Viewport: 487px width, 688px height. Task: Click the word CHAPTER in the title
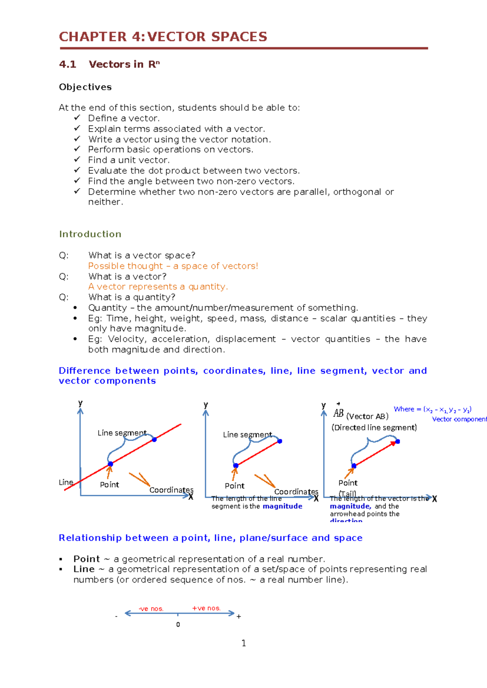pos(93,37)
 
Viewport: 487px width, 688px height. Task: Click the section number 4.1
pos(67,64)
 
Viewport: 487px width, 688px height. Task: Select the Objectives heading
pos(85,87)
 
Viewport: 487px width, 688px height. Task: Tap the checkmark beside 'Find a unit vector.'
pos(77,160)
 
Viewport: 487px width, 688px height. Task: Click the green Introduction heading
pos(90,234)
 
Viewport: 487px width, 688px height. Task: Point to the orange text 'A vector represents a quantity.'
pos(158,287)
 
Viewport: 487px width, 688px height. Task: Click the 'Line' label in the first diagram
pos(66,482)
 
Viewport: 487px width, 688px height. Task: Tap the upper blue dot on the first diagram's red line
pos(154,439)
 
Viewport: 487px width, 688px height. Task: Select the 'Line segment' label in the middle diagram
pos(247,435)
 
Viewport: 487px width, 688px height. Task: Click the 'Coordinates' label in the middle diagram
pos(296,492)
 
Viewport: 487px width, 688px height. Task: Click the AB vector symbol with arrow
pos(338,413)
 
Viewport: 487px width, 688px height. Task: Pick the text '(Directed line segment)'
pos(374,428)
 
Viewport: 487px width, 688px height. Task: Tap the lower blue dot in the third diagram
pos(354,466)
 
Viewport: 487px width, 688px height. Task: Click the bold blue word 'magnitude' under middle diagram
pos(282,506)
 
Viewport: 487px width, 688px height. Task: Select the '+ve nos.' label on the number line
pos(206,608)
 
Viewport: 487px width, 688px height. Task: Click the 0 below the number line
pos(178,625)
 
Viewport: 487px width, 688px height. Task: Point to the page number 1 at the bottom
pos(243,643)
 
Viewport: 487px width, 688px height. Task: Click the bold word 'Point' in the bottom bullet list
pos(86,559)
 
